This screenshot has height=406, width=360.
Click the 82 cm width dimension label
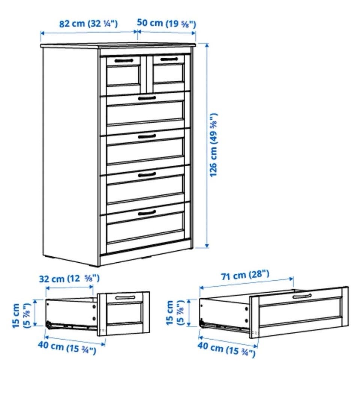click(88, 24)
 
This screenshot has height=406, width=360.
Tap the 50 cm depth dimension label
click(166, 23)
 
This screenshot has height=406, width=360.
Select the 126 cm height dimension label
click(214, 145)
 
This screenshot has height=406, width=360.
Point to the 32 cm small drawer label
click(69, 278)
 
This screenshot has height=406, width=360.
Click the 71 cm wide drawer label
click(245, 275)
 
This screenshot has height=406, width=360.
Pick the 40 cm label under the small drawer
click(67, 347)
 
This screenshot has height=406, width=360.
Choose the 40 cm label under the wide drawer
click(226, 349)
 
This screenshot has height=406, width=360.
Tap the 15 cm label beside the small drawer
click(21, 316)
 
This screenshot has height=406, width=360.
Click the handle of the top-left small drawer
click(124, 61)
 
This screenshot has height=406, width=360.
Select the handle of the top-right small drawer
click(169, 59)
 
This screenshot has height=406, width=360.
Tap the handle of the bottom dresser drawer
click(147, 213)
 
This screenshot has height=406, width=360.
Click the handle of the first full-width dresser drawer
click(147, 98)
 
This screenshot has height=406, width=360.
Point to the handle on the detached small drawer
click(125, 297)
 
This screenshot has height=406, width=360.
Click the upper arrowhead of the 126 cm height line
click(207, 45)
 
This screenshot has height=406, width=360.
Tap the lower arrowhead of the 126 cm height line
click(207, 245)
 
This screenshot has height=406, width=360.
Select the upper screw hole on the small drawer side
click(94, 307)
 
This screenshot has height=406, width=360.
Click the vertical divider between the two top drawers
click(147, 75)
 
